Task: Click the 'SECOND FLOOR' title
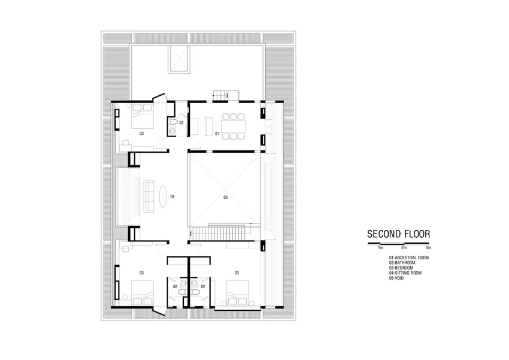pyautogui.click(x=398, y=234)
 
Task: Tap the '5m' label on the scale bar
pyautogui.click(x=429, y=248)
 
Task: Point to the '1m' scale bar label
pyautogui.click(x=380, y=248)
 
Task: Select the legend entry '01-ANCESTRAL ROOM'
pyautogui.click(x=408, y=258)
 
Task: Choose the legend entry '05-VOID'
pyautogui.click(x=396, y=278)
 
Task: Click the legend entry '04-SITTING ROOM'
pyautogui.click(x=405, y=273)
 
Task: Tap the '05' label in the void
pyautogui.click(x=226, y=197)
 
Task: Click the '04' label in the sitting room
pyautogui.click(x=172, y=196)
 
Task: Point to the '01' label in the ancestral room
pyautogui.click(x=217, y=134)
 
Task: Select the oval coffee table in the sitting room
pyautogui.click(x=163, y=196)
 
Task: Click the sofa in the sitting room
pyautogui.click(x=149, y=196)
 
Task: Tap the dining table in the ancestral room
pyautogui.click(x=234, y=126)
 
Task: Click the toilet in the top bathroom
pyautogui.click(x=172, y=122)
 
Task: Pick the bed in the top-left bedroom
pyautogui.click(x=142, y=116)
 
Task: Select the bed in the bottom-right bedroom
pyautogui.click(x=238, y=293)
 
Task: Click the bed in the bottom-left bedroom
pyautogui.click(x=142, y=293)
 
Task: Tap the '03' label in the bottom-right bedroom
pyautogui.click(x=237, y=273)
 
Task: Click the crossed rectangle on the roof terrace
pyautogui.click(x=178, y=59)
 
